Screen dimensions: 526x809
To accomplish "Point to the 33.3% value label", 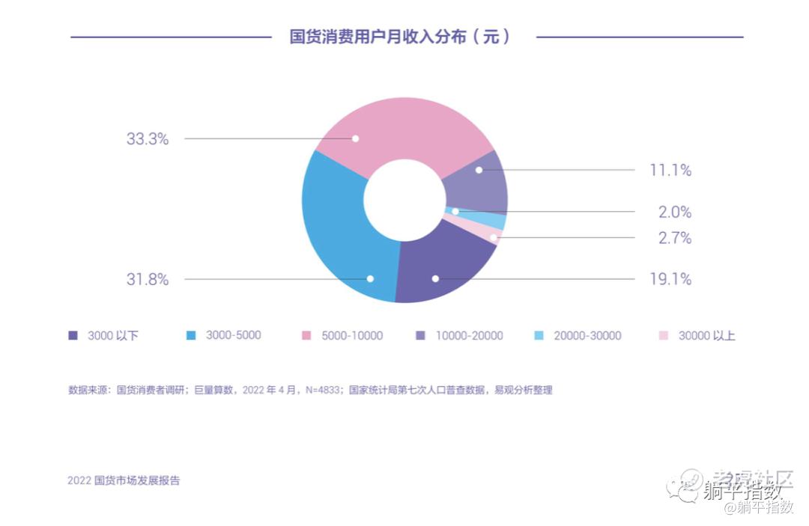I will [147, 139].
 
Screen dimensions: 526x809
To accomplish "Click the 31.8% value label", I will [147, 280].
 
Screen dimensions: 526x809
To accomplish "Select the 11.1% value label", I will [670, 171].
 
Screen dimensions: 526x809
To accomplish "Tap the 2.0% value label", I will [675, 212].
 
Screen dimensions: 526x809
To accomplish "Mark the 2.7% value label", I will [675, 239].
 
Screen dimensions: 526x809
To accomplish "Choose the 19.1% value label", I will [670, 280].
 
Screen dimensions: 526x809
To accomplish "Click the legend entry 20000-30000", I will [587, 336].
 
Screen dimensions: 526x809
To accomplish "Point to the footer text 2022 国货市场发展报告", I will [124, 480].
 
